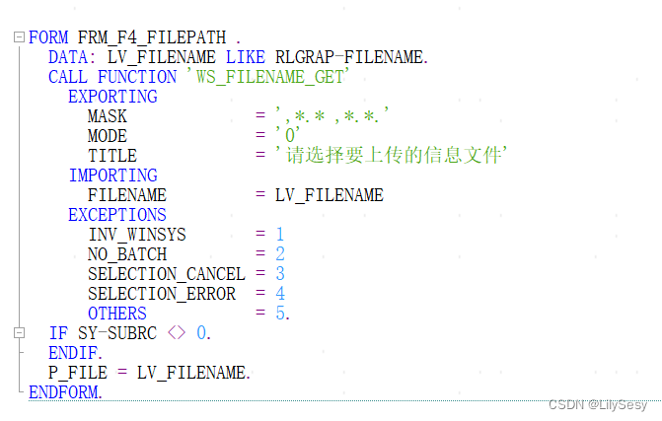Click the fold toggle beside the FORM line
19,37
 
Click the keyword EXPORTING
112,97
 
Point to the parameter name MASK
108,116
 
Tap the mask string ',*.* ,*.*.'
332,116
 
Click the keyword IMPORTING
112,175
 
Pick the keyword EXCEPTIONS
117,215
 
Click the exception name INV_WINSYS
137,235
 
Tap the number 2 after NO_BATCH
280,254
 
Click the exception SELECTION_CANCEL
167,274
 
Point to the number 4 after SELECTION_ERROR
280,294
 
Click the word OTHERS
117,314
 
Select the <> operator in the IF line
177,333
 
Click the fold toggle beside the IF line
19,333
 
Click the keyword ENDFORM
65,392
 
